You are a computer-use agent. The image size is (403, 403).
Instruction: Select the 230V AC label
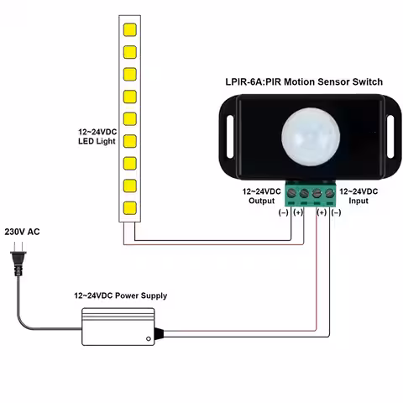pyautogui.click(x=23, y=231)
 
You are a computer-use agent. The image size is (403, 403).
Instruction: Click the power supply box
pyautogui.click(x=118, y=326)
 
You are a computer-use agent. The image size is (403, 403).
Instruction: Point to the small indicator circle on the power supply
pyautogui.click(x=149, y=338)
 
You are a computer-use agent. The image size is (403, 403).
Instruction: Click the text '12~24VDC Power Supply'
pyautogui.click(x=120, y=296)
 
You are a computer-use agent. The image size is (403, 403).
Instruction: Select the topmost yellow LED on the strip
pyautogui.click(x=130, y=31)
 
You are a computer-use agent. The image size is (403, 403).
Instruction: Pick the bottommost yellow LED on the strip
pyautogui.click(x=130, y=206)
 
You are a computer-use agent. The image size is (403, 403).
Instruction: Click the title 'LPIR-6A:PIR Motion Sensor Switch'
pyautogui.click(x=298, y=82)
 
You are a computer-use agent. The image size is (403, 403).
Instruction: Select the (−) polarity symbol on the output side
pyautogui.click(x=283, y=213)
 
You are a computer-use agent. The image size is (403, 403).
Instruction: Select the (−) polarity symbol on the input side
pyautogui.click(x=337, y=213)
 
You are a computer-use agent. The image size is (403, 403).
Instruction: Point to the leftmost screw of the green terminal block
pyautogui.click(x=291, y=195)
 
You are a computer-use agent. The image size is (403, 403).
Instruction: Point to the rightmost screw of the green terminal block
pyautogui.click(x=330, y=195)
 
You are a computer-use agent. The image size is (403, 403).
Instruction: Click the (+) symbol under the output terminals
pyautogui.click(x=298, y=213)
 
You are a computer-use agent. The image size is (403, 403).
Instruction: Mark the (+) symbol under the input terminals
pyautogui.click(x=322, y=213)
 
